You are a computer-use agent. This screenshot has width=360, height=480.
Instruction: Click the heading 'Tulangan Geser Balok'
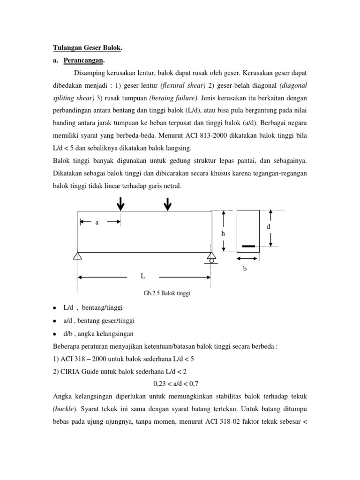pos(86,48)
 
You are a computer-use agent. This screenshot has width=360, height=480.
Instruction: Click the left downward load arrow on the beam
pos(121,203)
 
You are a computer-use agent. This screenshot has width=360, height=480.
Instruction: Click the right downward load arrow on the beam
pos(167,203)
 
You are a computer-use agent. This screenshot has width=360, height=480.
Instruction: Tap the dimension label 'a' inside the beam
pos(97,223)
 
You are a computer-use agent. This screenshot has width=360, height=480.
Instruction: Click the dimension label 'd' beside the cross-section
pos(268,227)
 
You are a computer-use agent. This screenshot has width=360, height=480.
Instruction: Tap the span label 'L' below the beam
pos(142,277)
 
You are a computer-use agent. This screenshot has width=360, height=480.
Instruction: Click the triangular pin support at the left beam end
pos(78,256)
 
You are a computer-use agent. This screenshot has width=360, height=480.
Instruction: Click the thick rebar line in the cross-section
pos(248,246)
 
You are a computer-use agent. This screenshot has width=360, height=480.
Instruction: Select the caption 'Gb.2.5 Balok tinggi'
pos(168,294)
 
